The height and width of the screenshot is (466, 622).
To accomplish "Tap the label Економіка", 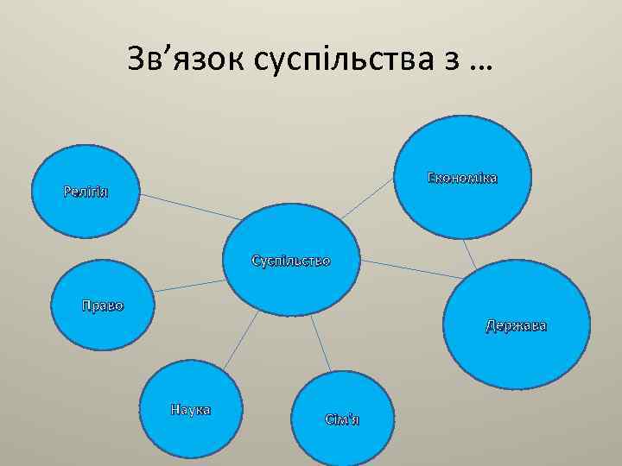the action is (x=462, y=179).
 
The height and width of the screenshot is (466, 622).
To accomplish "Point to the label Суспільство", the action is (x=290, y=260).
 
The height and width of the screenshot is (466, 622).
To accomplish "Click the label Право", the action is (x=102, y=305).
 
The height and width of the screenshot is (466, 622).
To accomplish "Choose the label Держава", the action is (x=516, y=327).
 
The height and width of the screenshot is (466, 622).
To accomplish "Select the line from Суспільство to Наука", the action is (x=243, y=337).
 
